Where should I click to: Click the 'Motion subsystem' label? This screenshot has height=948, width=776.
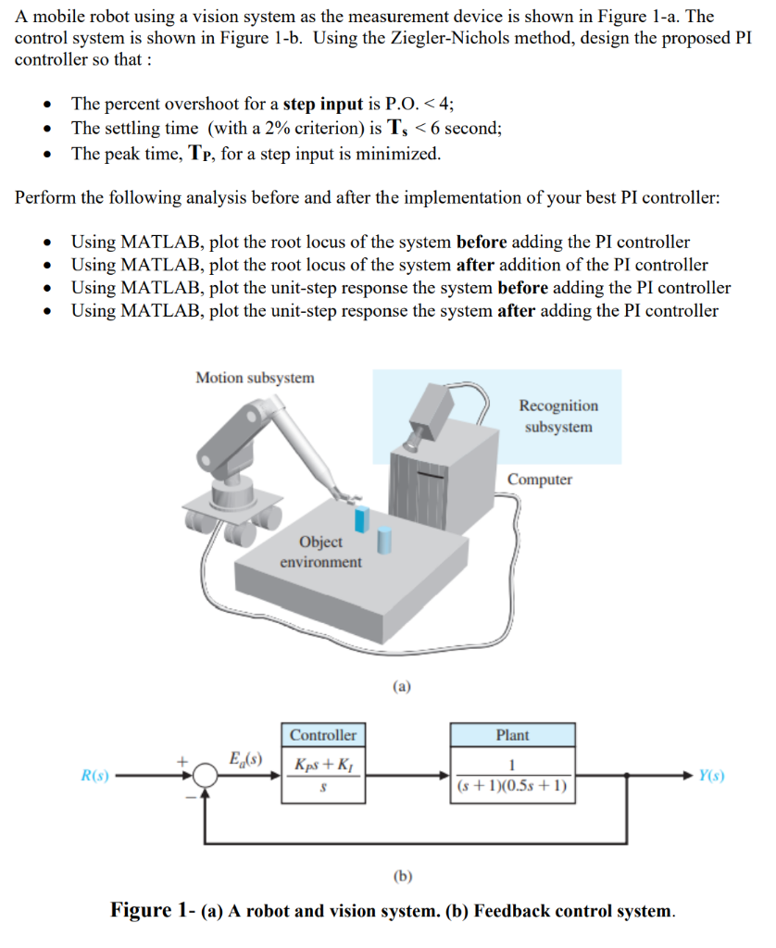click(x=255, y=378)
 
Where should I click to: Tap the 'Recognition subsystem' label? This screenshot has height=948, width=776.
click(x=557, y=416)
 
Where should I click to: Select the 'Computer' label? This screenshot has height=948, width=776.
click(x=539, y=480)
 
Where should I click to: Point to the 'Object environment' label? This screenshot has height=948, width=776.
click(x=320, y=552)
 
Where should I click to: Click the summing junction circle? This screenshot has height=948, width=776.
click(x=206, y=776)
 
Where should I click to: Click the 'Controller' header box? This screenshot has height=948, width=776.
click(x=322, y=735)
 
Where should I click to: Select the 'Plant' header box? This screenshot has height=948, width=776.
click(x=512, y=735)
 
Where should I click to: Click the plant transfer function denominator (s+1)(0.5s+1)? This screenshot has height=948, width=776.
click(x=512, y=788)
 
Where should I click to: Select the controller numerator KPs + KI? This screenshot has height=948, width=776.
click(x=322, y=765)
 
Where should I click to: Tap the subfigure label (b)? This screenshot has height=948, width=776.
click(x=403, y=875)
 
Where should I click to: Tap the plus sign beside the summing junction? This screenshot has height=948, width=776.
click(x=185, y=760)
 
